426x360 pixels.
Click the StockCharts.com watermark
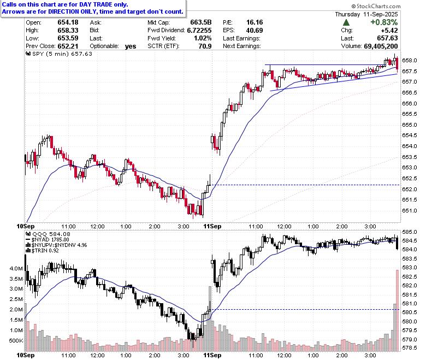376,6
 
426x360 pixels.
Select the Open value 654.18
68,22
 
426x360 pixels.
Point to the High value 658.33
68,30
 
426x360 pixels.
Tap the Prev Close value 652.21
68,46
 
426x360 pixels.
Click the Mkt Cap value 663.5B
201,22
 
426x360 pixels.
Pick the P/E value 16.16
255,22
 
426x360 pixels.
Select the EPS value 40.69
255,30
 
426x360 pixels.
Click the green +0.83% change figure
384,22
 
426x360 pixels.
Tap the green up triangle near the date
346,22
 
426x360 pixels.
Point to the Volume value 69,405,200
381,46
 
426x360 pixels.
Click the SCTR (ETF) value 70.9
205,46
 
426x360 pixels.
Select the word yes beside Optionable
131,46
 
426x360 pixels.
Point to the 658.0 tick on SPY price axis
410,60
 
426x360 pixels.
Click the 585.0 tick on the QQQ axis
410,232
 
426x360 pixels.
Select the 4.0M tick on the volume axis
16,268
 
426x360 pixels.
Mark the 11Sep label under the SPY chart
212,226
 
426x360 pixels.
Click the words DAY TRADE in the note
96,4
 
